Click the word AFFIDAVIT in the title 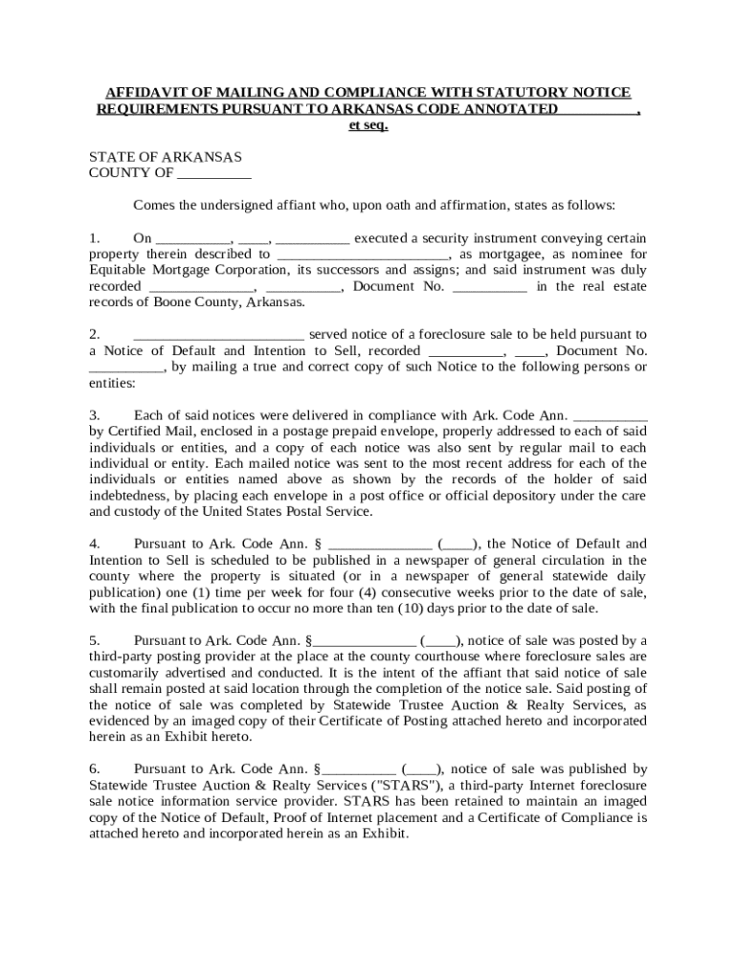pos(141,93)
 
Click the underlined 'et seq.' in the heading pos(368,125)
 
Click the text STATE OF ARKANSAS pos(165,157)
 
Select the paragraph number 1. pos(94,238)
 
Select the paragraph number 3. pos(94,415)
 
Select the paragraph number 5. pos(94,640)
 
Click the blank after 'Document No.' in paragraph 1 pos(488,286)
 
